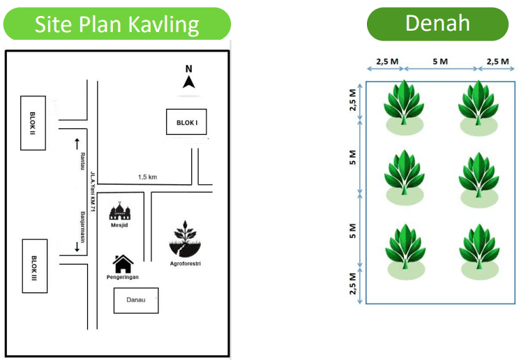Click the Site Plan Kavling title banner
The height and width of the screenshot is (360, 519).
pyautogui.click(x=116, y=24)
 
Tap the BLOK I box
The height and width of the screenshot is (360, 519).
pyautogui.click(x=187, y=122)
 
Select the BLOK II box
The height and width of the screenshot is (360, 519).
pyautogui.click(x=33, y=122)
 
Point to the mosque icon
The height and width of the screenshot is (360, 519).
pyautogui.click(x=121, y=211)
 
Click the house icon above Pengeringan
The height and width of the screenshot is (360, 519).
pyautogui.click(x=123, y=263)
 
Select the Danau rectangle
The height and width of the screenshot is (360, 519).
pyautogui.click(x=136, y=301)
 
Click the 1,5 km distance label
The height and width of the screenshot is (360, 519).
pyautogui.click(x=147, y=177)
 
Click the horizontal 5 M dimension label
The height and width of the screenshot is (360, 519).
pyautogui.click(x=440, y=62)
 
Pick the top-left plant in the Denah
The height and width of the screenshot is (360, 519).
pyautogui.click(x=404, y=106)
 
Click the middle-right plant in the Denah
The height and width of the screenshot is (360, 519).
pyautogui.click(x=479, y=176)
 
